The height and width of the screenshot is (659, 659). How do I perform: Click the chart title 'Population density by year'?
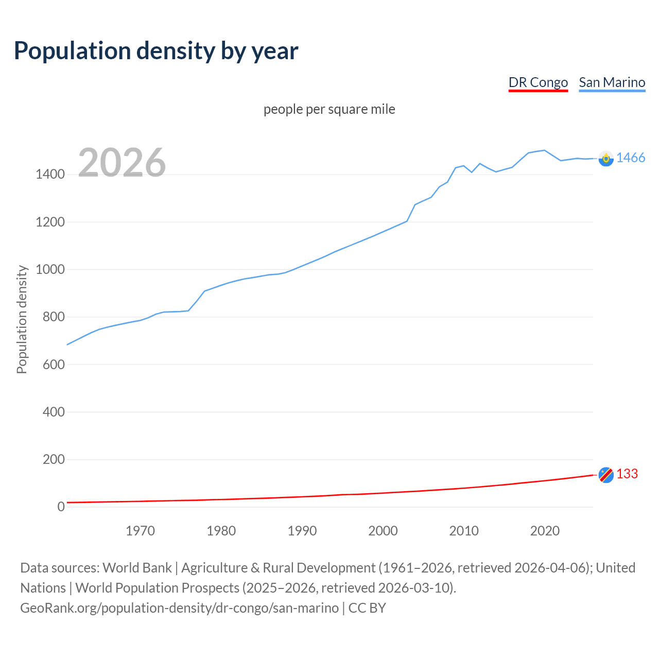point(156,51)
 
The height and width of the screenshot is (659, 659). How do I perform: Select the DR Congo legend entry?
point(538,82)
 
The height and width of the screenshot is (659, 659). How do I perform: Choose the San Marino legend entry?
point(612,82)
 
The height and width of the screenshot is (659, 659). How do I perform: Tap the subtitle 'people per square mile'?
point(329,109)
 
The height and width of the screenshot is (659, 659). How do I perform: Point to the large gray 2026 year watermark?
point(122,163)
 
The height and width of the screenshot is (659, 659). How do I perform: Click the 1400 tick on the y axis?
point(50,175)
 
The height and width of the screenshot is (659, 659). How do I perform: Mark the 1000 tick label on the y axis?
point(50,270)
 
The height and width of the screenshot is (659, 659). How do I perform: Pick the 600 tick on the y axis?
point(54,365)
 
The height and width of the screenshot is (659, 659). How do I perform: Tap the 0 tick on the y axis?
point(61,507)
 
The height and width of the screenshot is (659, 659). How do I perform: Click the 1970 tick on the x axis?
point(140,531)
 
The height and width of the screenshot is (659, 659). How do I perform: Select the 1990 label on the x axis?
point(302,531)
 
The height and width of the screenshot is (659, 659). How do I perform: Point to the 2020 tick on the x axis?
point(545,531)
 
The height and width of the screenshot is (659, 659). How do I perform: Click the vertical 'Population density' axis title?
point(22,319)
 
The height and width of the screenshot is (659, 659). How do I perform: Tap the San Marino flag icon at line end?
point(606,159)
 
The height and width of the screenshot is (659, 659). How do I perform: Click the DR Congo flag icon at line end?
point(606,475)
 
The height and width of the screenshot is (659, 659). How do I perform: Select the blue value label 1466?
point(630,158)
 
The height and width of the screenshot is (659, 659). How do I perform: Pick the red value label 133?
point(627,474)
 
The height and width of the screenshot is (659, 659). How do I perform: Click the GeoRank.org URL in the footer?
point(179,608)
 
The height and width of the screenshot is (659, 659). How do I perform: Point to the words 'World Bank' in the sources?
point(137,568)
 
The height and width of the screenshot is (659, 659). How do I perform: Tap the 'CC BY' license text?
point(367,608)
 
